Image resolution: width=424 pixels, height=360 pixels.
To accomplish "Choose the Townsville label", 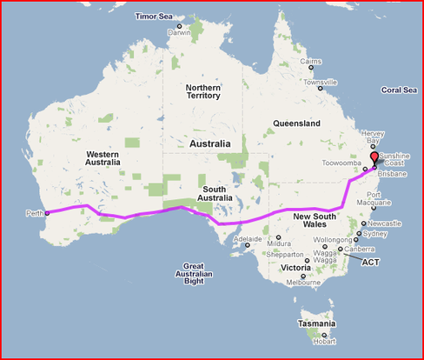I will point(320,83).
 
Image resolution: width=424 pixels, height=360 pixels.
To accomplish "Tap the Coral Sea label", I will point(399,90).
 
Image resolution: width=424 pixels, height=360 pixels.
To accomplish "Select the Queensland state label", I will point(296,123).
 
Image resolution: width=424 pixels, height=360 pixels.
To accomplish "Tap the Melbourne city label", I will point(304,283).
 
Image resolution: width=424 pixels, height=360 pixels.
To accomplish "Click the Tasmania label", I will point(315,323).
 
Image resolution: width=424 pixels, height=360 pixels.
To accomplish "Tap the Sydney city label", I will point(375,234).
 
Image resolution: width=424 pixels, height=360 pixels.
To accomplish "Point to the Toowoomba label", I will point(341,163).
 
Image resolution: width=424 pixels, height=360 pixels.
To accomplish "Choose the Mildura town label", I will point(280,243).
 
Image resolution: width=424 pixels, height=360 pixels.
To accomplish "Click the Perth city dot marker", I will point(47,212).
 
